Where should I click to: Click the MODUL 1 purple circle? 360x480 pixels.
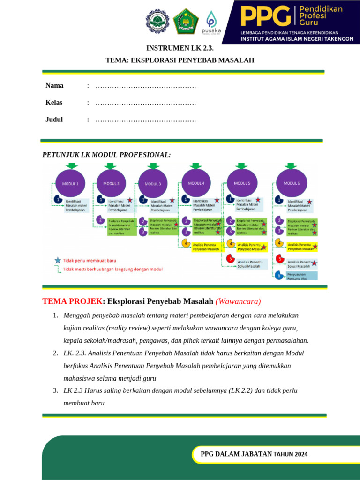coord(71,183)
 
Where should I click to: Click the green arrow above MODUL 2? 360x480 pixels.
coord(111,165)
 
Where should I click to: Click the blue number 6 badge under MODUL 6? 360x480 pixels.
coord(279,275)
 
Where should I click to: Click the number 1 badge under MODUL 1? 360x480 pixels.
coord(58,199)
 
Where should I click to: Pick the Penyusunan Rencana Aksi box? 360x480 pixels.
coord(301,275)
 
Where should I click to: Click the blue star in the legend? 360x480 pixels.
coord(57,260)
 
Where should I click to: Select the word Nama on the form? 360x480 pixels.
coord(54,85)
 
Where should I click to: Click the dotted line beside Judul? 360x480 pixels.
coord(145,120)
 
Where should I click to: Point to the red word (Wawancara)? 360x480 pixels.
coord(238,301)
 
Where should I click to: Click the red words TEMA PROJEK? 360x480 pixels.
coord(72,301)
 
